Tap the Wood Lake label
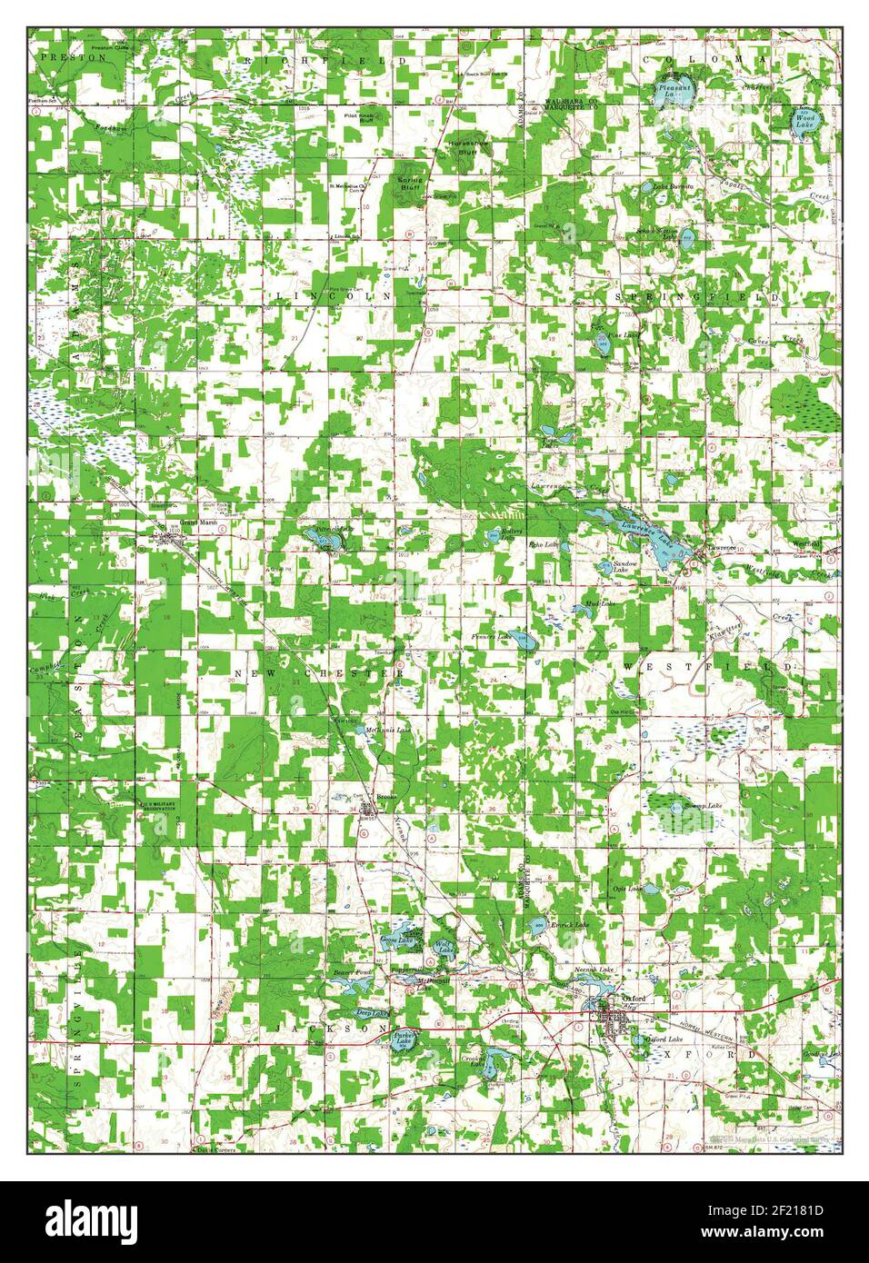tap(805, 119)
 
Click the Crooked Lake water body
tap(492, 1059)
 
